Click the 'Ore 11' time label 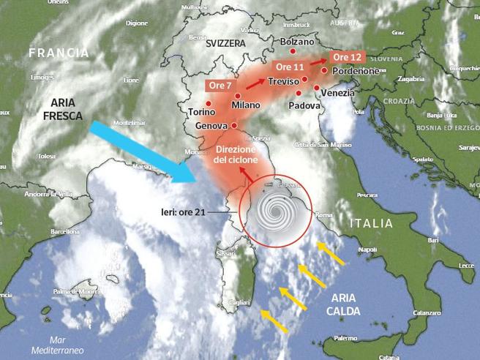click(288, 67)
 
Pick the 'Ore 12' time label click(347, 57)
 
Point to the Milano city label click(246, 105)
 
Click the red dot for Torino click(209, 103)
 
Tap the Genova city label click(211, 127)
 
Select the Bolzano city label click(297, 42)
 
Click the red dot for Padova click(298, 93)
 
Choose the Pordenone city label click(356, 71)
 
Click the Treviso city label click(284, 81)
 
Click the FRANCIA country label click(59, 53)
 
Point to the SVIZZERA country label click(225, 43)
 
